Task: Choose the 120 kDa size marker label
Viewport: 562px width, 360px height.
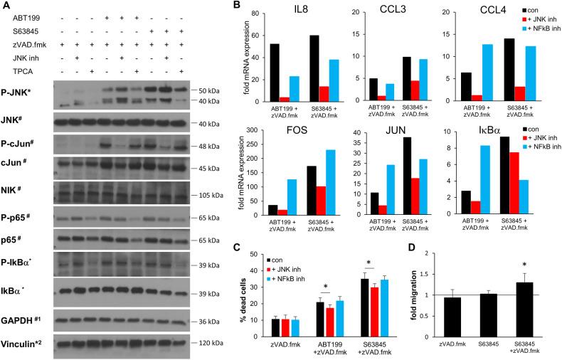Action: point(208,344)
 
